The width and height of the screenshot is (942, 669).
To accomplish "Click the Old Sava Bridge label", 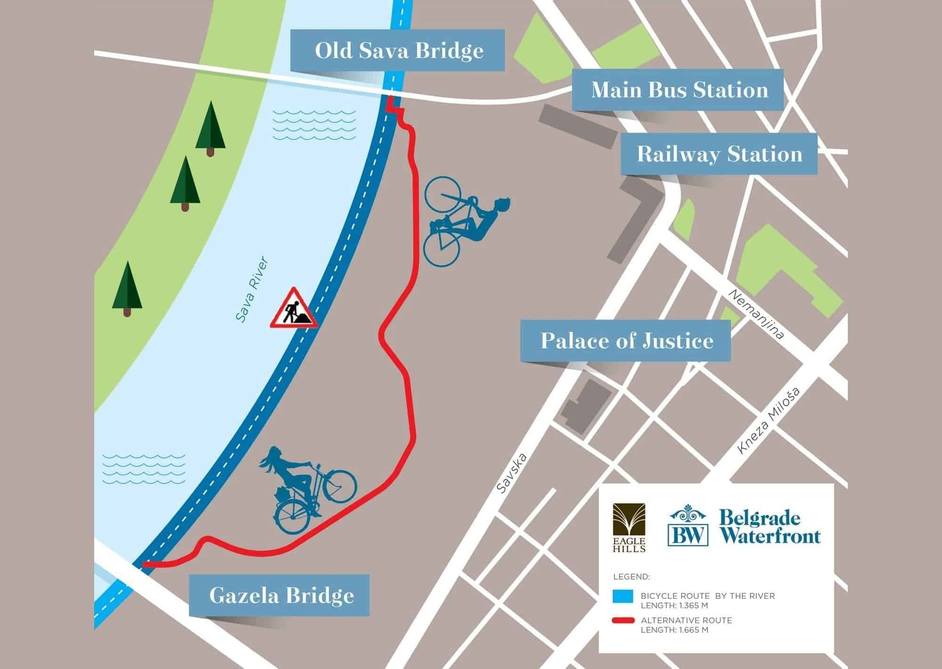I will coord(397,51).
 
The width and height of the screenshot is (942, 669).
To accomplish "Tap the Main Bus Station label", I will coord(678,90).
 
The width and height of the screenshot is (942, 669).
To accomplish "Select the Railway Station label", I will coord(719,154).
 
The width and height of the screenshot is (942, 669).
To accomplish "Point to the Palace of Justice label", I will coord(626,341).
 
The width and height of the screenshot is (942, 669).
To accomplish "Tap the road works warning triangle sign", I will coord(293,310).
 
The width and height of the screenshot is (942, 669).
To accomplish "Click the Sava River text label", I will coord(252,289).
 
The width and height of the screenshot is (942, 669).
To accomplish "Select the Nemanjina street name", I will coord(756,314).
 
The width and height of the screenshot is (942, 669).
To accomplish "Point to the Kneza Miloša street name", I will coord(768,420).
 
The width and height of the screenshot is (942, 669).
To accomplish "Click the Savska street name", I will coord(511,473).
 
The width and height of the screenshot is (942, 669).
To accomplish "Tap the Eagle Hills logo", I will coord(629,528).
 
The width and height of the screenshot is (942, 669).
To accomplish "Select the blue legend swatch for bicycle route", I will coord(623,596).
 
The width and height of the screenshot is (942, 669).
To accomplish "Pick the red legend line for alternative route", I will coord(623,620).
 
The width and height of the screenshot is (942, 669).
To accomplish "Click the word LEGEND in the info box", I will coord(631,577).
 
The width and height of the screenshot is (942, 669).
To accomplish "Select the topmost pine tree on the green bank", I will coord(210,128).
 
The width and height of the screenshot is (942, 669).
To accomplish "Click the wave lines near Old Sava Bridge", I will coord(314,125).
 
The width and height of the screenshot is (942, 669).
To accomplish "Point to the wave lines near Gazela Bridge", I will coord(144,469).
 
